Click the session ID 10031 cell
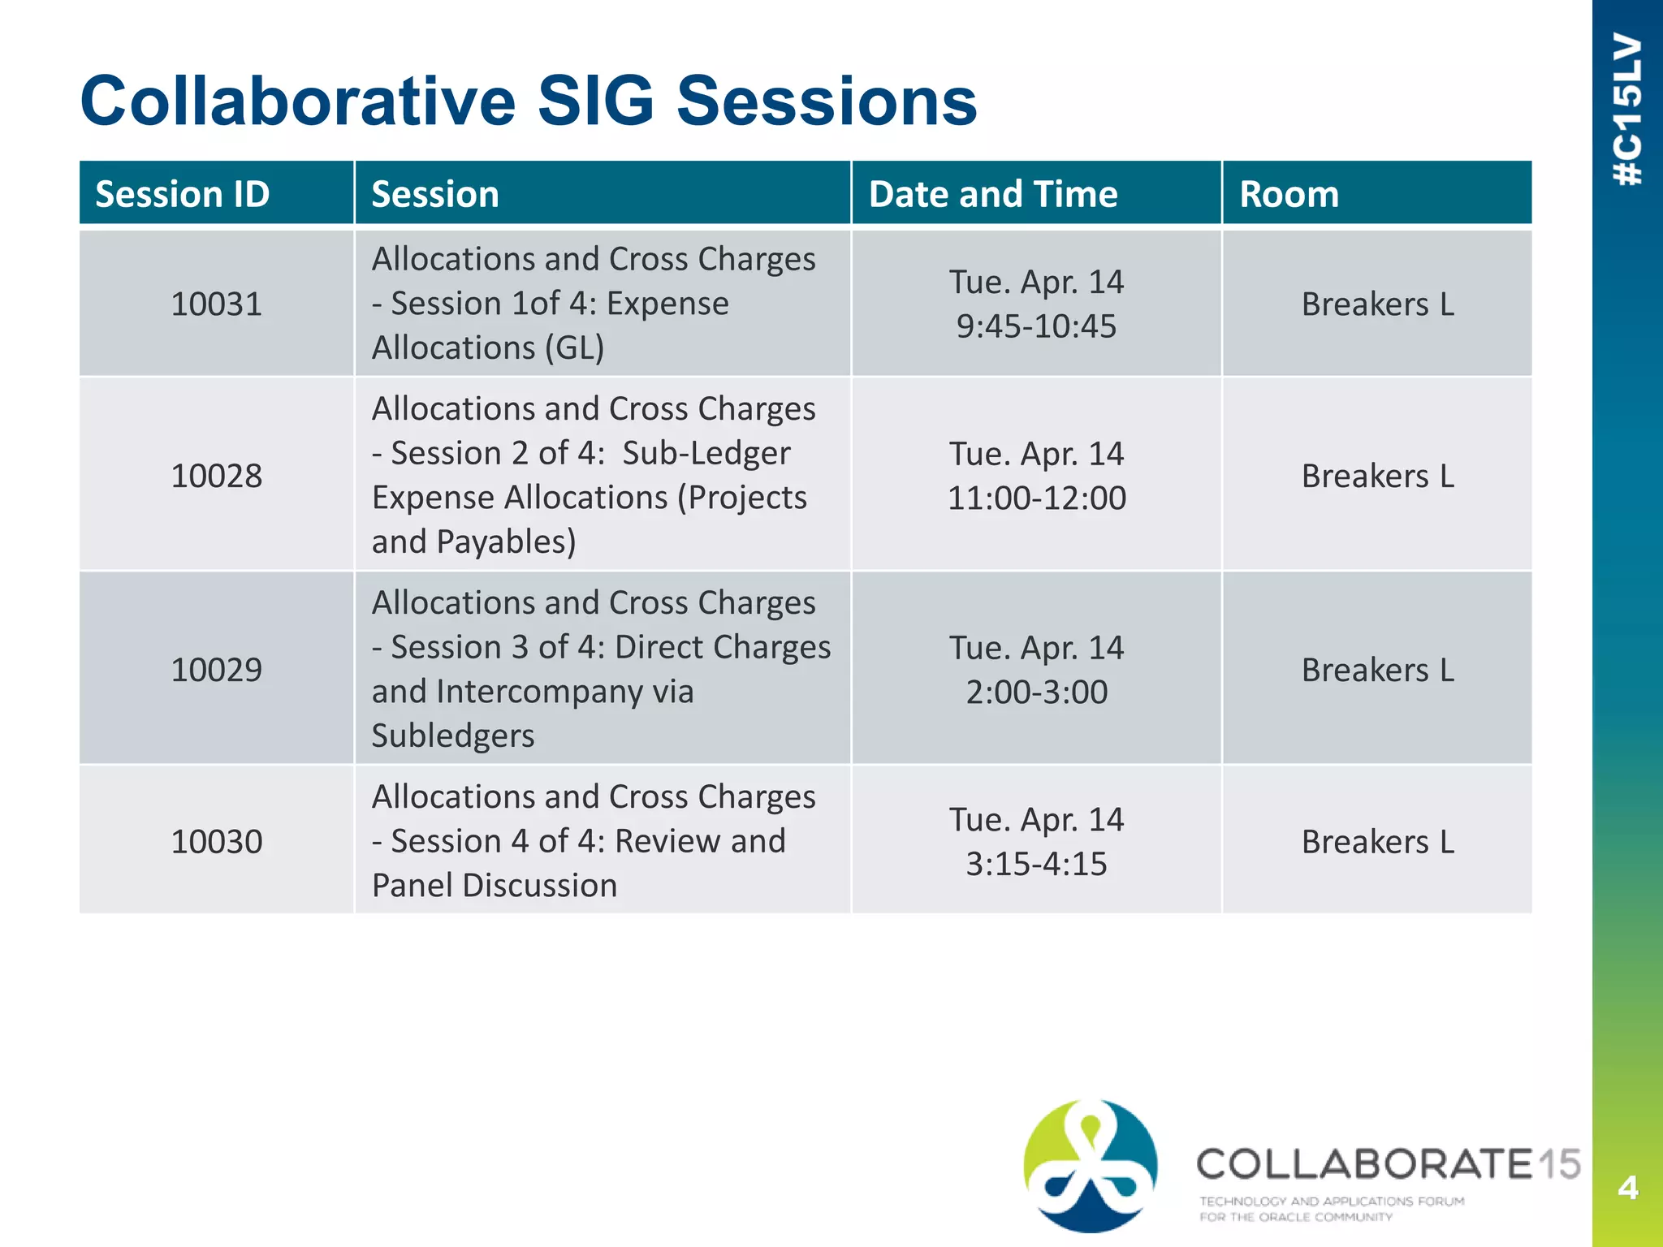click(x=216, y=304)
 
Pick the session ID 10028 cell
click(x=216, y=476)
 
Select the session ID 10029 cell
click(x=216, y=670)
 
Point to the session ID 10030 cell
click(x=216, y=842)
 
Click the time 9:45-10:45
click(x=1036, y=326)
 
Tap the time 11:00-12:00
click(x=1036, y=498)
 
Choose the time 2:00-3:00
click(x=1036, y=692)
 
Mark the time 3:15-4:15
click(x=1036, y=864)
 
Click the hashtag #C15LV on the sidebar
click(x=1628, y=110)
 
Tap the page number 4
click(x=1627, y=1188)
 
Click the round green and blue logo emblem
click(x=1091, y=1165)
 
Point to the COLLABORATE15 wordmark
click(x=1388, y=1164)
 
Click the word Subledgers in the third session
click(x=453, y=736)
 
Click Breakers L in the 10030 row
click(x=1377, y=842)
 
